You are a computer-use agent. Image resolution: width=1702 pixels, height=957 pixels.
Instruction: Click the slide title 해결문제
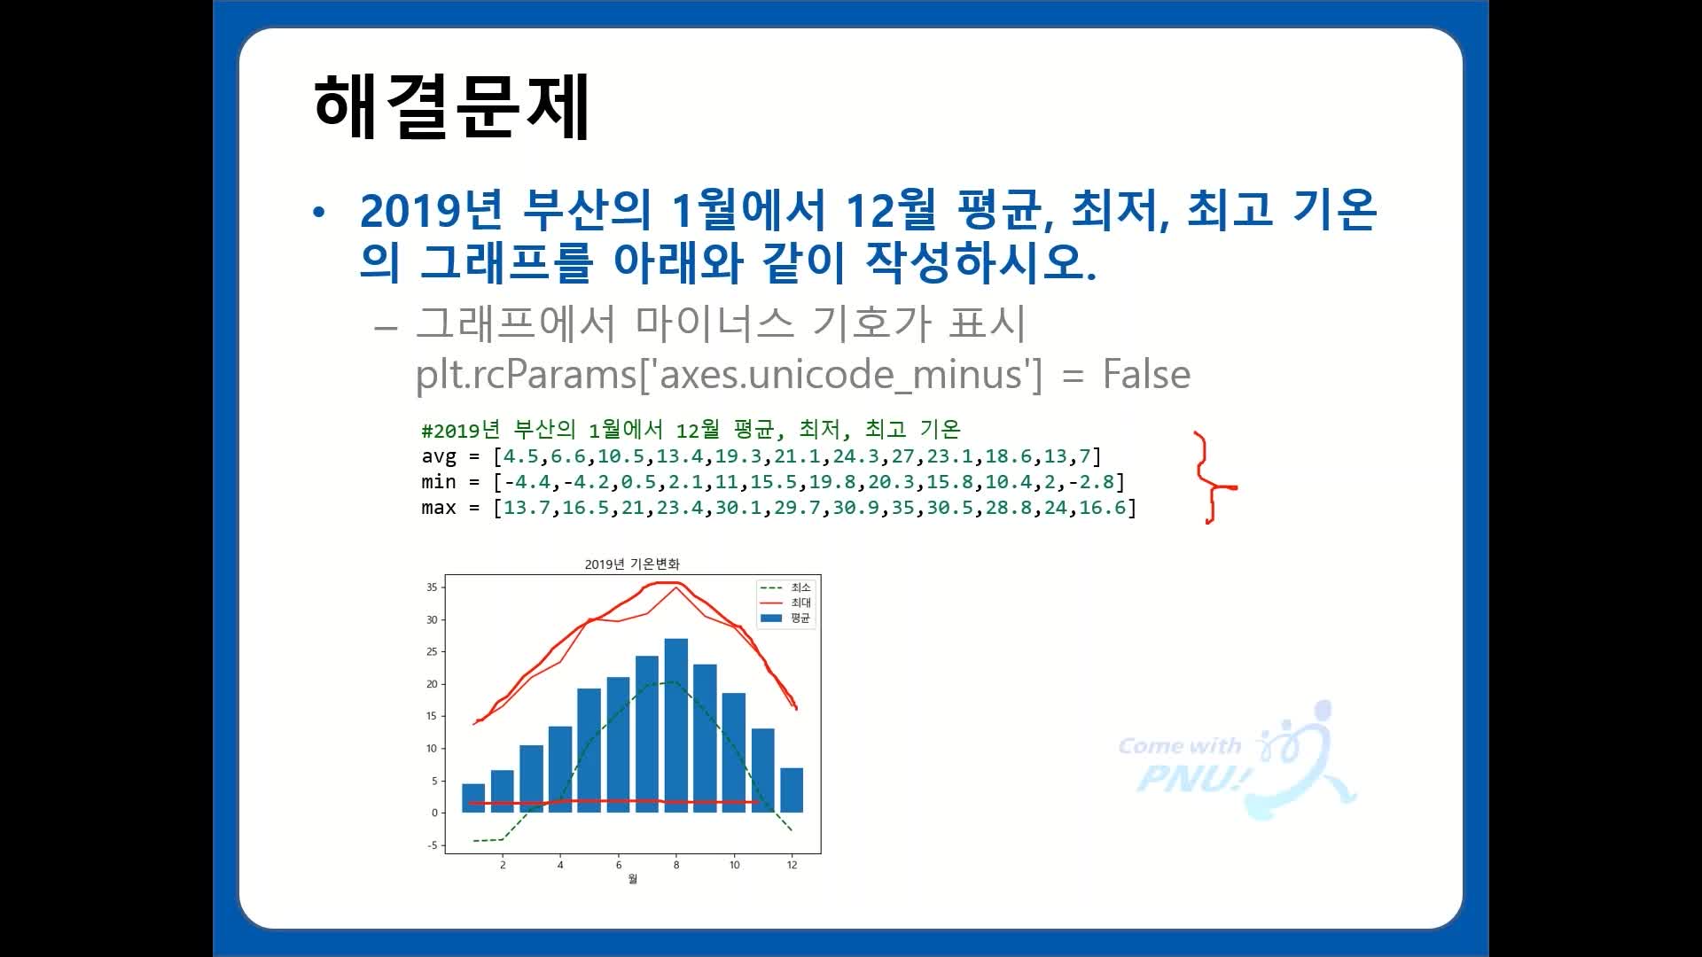(451, 106)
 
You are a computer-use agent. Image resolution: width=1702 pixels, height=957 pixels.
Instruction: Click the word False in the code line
(1146, 374)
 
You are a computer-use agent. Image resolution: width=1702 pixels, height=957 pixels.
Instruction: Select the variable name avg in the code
(439, 457)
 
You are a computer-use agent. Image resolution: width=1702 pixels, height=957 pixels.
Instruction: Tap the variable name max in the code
(439, 508)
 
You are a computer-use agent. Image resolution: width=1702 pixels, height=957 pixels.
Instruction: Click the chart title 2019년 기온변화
(632, 564)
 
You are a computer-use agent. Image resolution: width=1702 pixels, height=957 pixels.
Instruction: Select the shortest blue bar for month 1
(473, 798)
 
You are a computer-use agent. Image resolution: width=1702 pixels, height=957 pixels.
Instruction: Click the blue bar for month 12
(792, 790)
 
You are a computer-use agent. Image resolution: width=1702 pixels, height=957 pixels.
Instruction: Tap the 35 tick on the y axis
(432, 587)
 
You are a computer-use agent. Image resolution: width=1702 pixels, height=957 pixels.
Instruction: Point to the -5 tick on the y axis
(432, 845)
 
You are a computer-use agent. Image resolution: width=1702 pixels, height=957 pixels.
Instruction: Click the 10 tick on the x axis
(734, 865)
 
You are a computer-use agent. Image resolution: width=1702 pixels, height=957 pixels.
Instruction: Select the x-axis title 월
(632, 879)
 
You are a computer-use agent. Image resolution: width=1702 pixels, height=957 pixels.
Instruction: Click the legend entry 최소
(786, 587)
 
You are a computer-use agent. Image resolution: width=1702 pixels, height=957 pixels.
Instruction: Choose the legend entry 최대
(786, 603)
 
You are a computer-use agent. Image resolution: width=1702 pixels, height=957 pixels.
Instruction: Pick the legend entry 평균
(786, 618)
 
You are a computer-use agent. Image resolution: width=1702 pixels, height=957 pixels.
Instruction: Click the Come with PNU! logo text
(1183, 764)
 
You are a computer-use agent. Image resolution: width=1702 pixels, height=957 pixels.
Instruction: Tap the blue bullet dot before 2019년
(319, 213)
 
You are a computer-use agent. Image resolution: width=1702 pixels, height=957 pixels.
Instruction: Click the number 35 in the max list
(902, 508)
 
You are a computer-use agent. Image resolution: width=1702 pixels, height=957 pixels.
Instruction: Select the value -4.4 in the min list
(527, 482)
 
